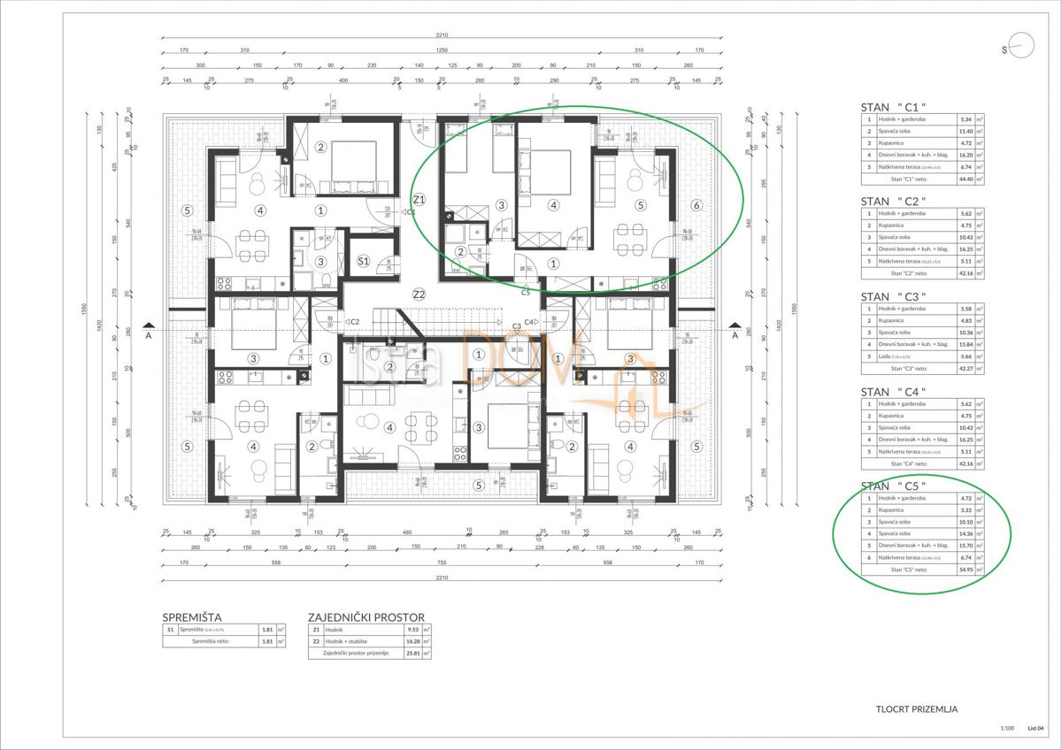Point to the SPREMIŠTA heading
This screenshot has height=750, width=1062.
[191, 617]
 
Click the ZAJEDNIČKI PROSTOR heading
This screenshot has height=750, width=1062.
[366, 617]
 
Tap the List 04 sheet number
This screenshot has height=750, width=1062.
[1036, 729]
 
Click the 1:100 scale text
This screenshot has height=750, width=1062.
[1006, 729]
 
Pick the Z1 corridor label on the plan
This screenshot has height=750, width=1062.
[419, 199]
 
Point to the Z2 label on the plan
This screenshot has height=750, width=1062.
[419, 294]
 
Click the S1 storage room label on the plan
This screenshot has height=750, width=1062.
[364, 262]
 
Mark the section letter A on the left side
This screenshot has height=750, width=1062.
[149, 335]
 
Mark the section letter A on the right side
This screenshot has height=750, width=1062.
[734, 335]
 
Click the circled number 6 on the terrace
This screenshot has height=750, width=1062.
[696, 205]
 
